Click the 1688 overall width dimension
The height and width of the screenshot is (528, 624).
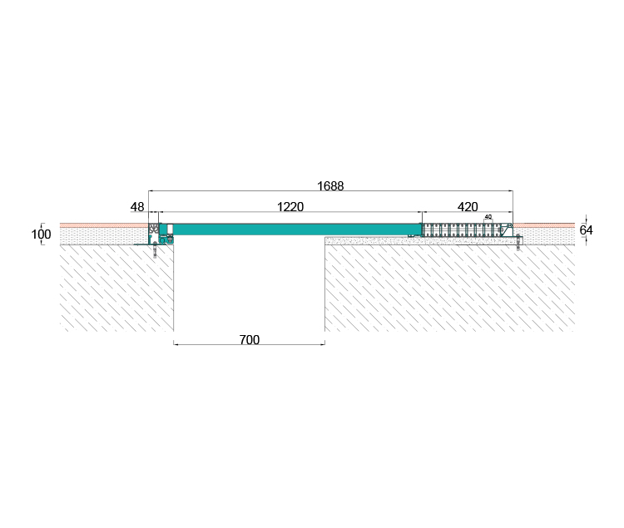tap(330, 185)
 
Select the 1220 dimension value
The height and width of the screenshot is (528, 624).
tap(290, 207)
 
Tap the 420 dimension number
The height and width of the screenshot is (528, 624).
tap(468, 207)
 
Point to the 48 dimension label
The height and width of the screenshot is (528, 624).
tap(137, 207)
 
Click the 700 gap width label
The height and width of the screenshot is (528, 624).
tap(250, 339)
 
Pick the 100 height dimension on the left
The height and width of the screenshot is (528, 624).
tap(41, 234)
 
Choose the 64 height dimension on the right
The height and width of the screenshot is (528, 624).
tap(586, 230)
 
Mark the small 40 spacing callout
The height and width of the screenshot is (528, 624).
tap(488, 217)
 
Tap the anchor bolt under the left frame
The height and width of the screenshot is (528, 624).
tap(155, 251)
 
